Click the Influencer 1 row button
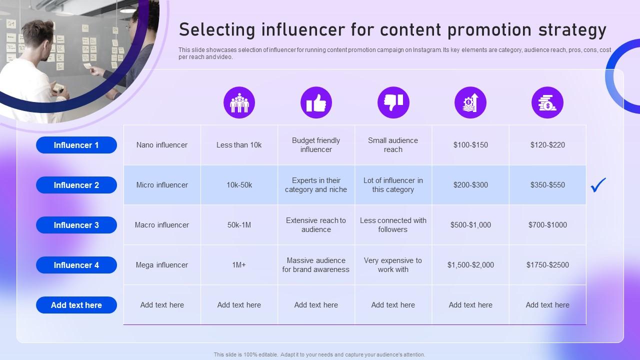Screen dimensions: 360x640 [76, 145]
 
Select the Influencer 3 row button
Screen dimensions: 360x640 [76, 225]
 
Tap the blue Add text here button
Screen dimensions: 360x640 [76, 305]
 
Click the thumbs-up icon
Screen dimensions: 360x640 [316, 102]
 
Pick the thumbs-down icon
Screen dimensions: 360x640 [393, 102]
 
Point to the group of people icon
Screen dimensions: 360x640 [239, 102]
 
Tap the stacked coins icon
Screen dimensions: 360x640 [547, 102]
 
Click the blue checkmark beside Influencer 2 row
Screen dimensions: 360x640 [598, 185]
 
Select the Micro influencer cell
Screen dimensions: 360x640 [162, 185]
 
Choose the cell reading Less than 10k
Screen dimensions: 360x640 [239, 145]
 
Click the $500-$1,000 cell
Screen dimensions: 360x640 [470, 225]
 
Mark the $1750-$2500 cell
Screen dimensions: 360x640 [547, 265]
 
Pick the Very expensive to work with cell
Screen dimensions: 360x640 [393, 265]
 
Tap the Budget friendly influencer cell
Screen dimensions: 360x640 [316, 145]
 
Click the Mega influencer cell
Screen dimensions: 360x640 [162, 265]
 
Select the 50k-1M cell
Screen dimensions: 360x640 [239, 225]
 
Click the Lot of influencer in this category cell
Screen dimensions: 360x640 [393, 185]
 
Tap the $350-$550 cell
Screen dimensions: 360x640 [547, 185]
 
